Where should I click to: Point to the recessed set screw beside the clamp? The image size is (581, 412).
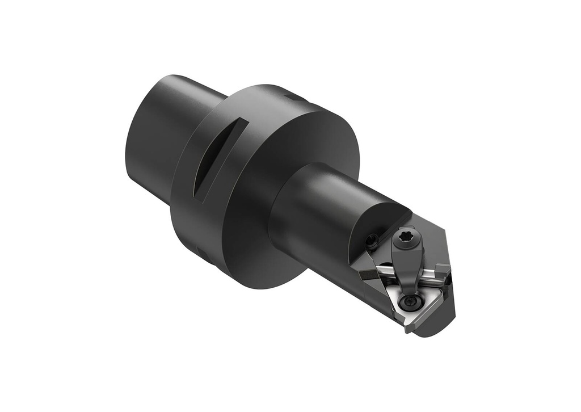pos(372,241)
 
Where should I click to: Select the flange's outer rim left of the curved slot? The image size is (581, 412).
pos(184,170)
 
